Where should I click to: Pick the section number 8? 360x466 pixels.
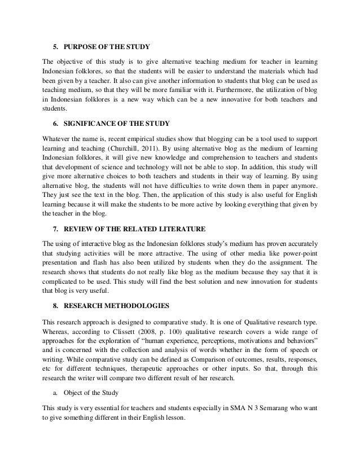coord(55,306)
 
